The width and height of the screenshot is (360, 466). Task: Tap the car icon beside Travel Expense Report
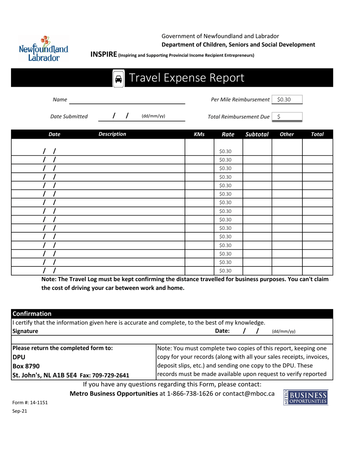coord(119,78)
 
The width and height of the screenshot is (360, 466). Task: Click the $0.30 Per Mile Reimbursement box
coord(287,100)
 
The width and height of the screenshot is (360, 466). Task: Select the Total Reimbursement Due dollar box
coord(287,117)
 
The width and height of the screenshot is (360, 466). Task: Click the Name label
coord(60,100)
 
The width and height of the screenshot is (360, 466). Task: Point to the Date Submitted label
coord(69,117)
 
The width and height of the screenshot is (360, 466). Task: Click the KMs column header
coord(199,134)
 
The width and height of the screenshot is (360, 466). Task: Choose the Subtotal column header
coord(257,134)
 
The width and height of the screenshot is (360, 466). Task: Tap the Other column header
coord(286,134)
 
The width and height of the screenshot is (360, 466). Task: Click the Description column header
coord(112,134)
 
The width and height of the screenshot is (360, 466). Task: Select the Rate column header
coord(228,134)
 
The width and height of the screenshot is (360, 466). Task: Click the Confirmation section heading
coord(32,314)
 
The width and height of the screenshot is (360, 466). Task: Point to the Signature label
coord(25,331)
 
